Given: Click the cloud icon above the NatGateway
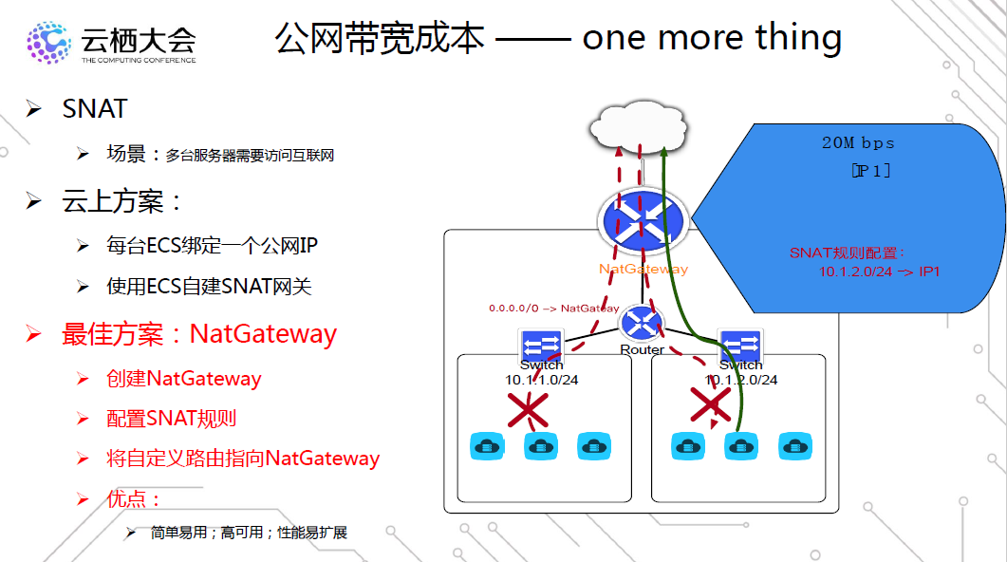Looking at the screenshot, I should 639,127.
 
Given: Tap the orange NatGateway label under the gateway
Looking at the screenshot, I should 643,269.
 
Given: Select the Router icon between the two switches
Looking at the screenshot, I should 642,325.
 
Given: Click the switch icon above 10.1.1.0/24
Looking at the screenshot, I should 541,344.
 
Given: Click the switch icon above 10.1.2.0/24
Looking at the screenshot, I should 740,344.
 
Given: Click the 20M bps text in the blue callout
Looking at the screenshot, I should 858,143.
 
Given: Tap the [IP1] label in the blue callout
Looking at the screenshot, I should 870,170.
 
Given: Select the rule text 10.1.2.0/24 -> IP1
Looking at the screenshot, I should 880,272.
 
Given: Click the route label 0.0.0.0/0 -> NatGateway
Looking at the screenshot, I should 553,309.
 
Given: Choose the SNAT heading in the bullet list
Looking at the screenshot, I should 95,109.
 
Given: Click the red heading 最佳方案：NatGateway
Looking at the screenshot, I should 199,334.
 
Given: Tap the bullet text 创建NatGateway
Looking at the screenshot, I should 183,379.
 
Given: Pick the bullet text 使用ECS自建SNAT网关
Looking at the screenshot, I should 209,286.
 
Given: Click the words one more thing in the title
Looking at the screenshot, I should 712,38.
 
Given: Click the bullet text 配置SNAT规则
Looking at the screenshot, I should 171,419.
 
